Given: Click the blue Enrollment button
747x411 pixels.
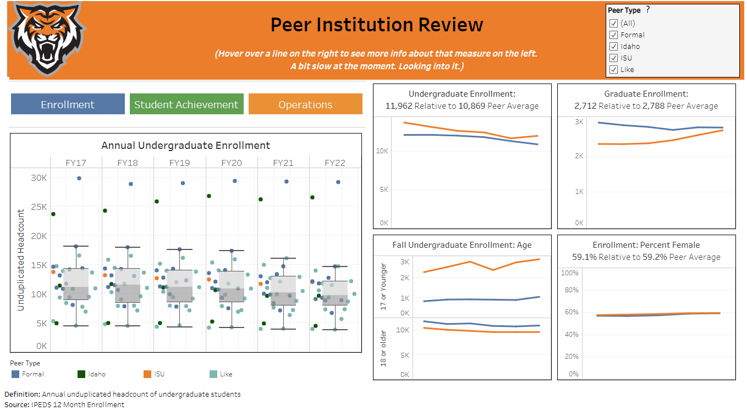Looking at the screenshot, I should [x=68, y=104].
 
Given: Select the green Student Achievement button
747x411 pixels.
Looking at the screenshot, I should [x=186, y=104].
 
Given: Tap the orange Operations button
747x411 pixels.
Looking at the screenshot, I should [x=305, y=104].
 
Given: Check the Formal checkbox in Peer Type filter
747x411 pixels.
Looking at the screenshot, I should [x=613, y=35].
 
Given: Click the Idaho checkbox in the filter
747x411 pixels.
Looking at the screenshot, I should [x=613, y=46].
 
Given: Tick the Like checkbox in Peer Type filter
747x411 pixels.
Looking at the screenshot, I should [x=613, y=69].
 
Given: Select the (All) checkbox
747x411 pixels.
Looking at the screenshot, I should [x=613, y=23].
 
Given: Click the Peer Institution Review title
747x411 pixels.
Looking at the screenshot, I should [x=377, y=25].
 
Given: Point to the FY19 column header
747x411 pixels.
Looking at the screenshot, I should [x=179, y=163].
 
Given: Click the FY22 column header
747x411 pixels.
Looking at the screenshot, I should [x=335, y=163].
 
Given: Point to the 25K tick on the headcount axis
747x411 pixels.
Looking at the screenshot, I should [x=39, y=207].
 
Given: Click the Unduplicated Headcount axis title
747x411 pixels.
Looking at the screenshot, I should [x=21, y=260].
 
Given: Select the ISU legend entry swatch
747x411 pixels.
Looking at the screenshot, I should [x=147, y=374].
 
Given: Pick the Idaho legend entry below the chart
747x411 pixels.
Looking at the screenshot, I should [x=81, y=374].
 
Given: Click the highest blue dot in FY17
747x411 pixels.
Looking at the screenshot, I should [x=79, y=178].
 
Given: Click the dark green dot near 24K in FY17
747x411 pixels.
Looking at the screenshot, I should [x=53, y=214].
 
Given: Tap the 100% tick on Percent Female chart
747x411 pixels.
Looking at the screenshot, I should [x=569, y=273].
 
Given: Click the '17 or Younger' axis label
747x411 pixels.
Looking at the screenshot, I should [x=384, y=286].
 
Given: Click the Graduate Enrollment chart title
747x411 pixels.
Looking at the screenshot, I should [x=646, y=94].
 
